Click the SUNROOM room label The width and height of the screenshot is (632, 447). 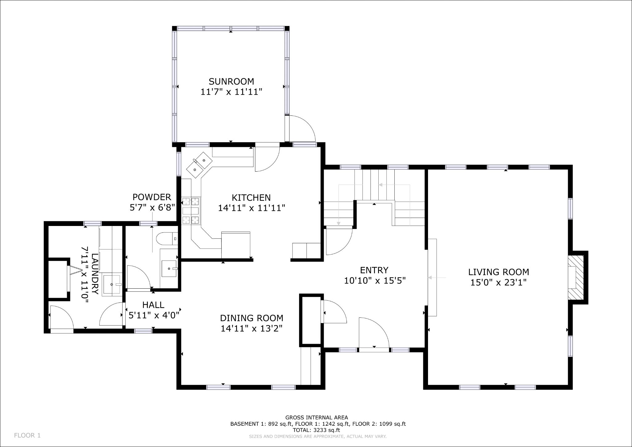(231, 81)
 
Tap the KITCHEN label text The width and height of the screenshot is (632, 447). (251, 198)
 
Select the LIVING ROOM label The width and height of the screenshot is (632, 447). (498, 272)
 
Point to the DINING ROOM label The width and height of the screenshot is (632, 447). (252, 318)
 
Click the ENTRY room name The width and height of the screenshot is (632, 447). (374, 270)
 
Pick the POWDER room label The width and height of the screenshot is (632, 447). (152, 197)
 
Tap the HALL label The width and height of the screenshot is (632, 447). (153, 305)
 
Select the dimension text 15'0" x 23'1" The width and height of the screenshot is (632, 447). (498, 282)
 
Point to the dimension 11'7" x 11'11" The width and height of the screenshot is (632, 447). (231, 92)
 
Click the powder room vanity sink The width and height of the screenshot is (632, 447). (169, 268)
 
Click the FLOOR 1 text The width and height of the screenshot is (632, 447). (27, 436)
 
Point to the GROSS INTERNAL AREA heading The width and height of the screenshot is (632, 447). (317, 418)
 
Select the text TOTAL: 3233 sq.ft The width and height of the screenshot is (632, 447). (317, 430)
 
